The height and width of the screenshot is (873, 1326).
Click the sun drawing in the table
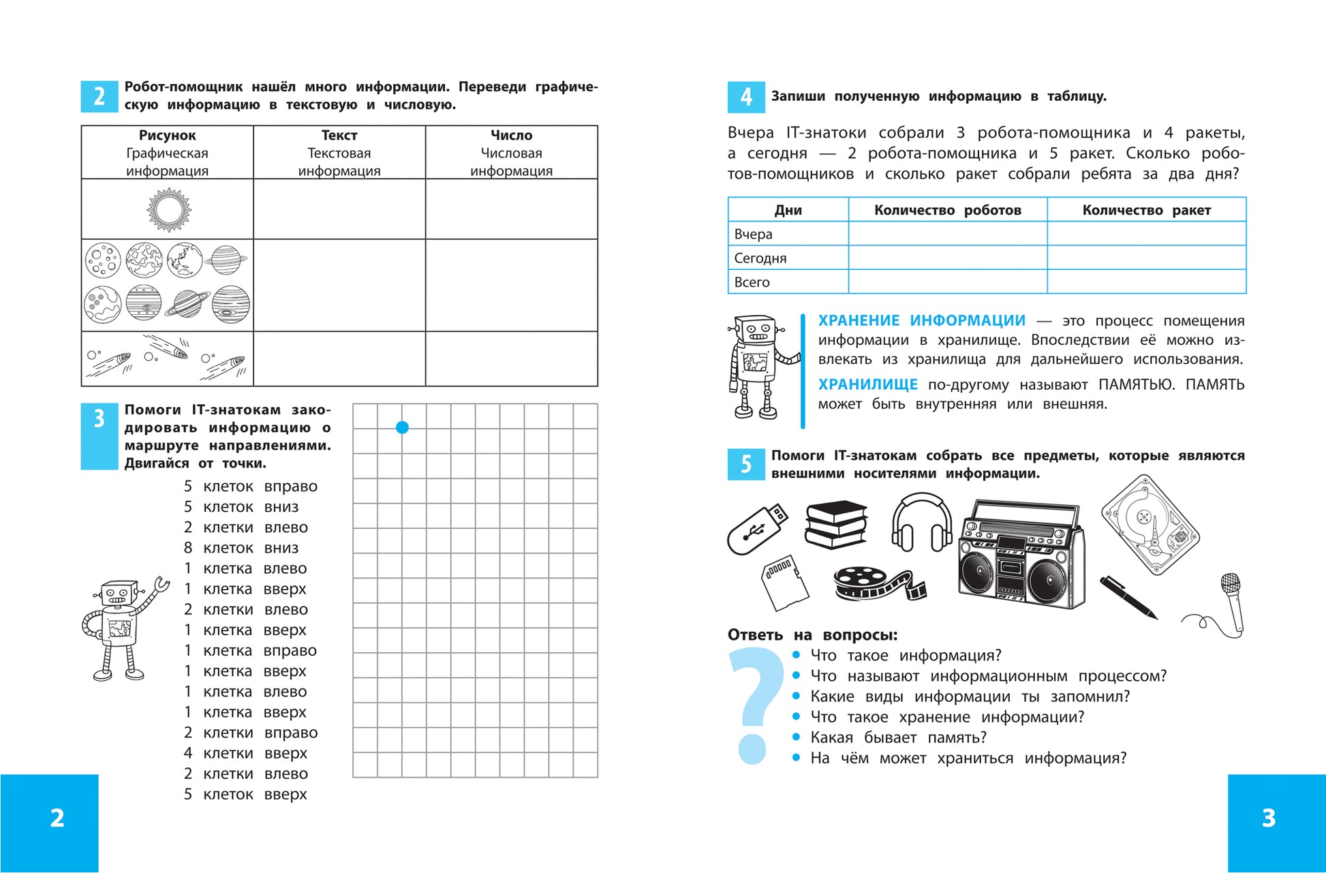(169, 209)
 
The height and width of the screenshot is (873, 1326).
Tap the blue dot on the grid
(402, 427)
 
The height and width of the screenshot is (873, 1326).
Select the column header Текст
(339, 136)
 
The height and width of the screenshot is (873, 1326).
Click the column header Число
(511, 136)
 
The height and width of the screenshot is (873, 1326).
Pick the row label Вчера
(753, 234)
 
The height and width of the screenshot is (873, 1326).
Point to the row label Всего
(752, 282)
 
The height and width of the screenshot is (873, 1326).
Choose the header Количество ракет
(1146, 210)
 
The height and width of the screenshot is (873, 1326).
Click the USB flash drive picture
(756, 529)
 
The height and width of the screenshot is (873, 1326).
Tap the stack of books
(836, 525)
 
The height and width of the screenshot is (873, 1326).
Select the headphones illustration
(921, 523)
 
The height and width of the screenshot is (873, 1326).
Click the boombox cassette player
(1021, 556)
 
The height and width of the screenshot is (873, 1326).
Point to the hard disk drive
(1150, 524)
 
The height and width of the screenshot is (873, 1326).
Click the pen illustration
(1128, 597)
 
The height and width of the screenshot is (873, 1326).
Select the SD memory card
(784, 582)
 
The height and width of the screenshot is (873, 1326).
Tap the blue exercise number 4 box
(746, 97)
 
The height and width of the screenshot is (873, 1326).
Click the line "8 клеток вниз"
(241, 548)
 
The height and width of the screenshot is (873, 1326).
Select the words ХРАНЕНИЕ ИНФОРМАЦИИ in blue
(921, 320)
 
